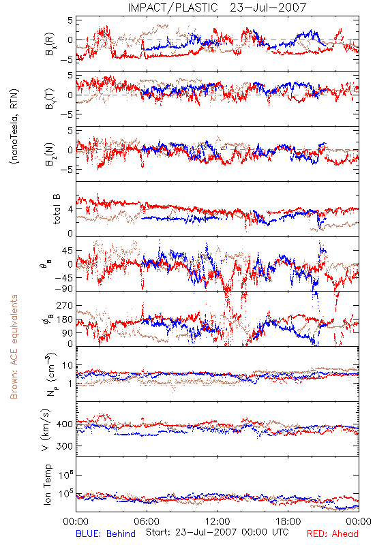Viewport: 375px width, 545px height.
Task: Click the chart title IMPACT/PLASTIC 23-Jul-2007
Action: [217, 7]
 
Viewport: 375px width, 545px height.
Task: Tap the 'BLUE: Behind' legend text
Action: [106, 533]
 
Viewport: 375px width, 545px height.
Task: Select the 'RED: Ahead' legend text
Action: [333, 533]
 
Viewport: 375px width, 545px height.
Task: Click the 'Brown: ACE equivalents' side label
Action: [14, 347]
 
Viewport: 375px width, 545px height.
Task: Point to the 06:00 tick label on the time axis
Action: [147, 521]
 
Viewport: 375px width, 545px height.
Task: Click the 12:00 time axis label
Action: [217, 521]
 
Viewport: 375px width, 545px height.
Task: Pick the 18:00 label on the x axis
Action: [288, 521]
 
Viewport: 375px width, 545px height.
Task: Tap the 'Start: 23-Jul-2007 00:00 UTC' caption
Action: [217, 532]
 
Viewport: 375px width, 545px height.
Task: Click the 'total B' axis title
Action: [57, 209]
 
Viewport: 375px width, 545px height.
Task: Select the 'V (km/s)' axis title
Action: [46, 430]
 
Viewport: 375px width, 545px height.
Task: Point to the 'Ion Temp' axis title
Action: [47, 484]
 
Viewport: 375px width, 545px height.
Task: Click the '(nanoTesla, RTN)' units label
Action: [14, 127]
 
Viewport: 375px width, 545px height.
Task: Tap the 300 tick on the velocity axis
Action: [64, 446]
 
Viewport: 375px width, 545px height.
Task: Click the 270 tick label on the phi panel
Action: [64, 305]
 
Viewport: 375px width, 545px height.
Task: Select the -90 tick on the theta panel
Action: [64, 288]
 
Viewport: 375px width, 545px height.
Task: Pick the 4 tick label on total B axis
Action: [70, 209]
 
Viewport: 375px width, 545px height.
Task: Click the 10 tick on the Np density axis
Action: [67, 365]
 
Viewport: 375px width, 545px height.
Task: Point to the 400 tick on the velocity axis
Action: [64, 424]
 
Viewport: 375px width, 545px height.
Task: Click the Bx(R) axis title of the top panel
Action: [49, 44]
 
